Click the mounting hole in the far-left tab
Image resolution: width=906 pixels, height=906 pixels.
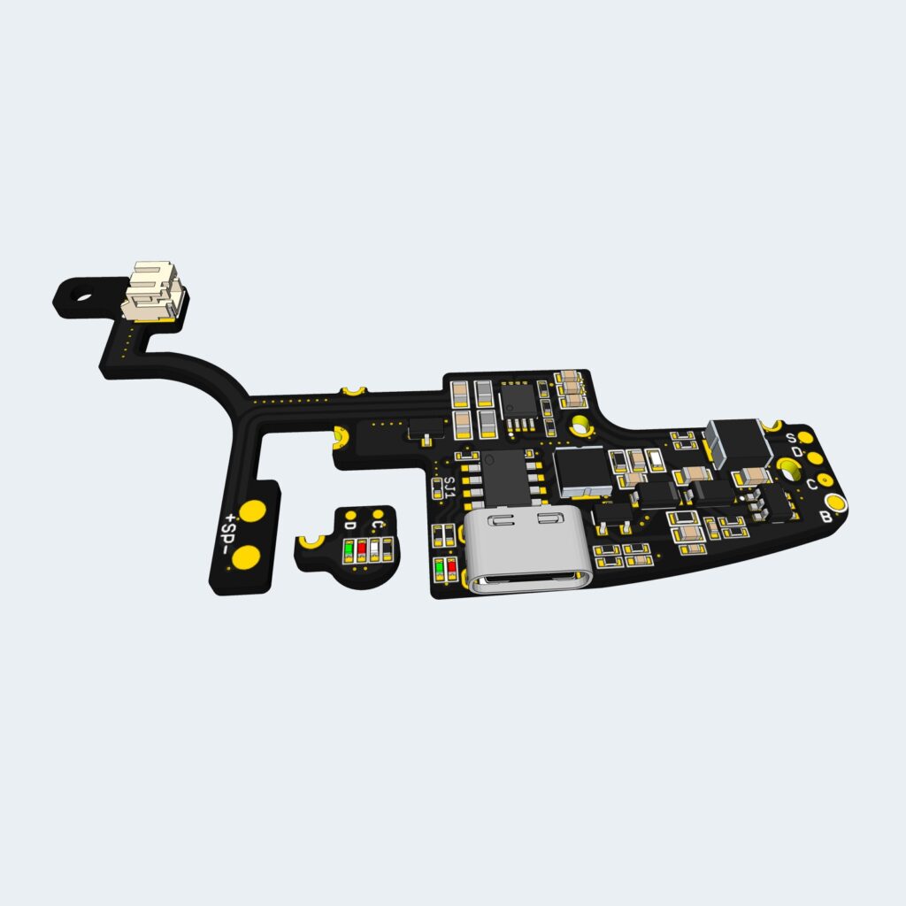(x=82, y=296)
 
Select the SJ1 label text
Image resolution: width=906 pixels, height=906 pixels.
(x=449, y=488)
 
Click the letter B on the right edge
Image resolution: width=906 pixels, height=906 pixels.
(x=825, y=517)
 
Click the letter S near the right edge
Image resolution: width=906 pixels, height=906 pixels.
(x=793, y=438)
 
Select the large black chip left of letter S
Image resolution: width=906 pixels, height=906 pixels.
(x=740, y=441)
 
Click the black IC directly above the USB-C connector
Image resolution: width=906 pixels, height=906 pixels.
(x=504, y=474)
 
